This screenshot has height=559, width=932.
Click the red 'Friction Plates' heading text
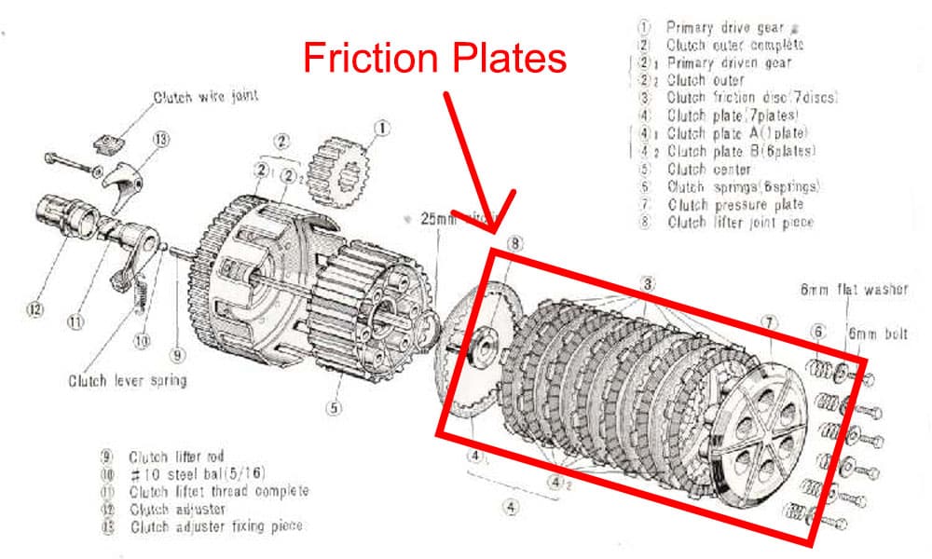click(x=435, y=59)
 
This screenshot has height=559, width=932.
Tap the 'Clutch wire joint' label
click(x=207, y=96)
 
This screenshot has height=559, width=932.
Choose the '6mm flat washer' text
click(x=853, y=291)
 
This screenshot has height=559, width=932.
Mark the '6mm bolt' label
click(x=875, y=334)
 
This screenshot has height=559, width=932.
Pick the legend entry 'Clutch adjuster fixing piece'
click(x=215, y=526)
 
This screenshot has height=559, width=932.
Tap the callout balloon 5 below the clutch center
click(x=334, y=407)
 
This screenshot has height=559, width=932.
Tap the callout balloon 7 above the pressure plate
click(x=768, y=322)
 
